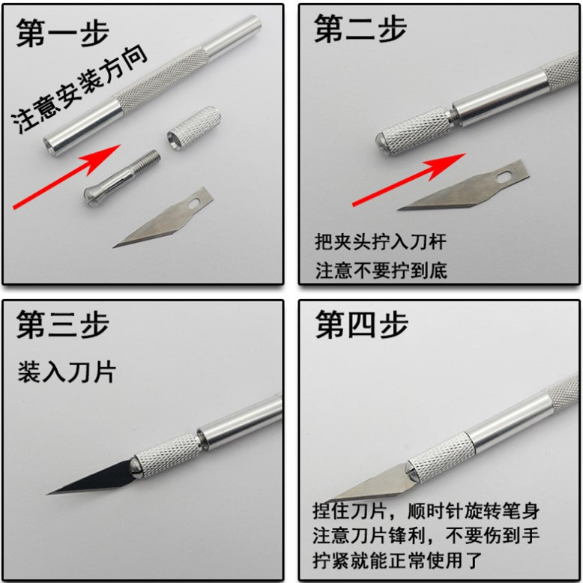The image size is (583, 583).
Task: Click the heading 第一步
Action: click(62, 33)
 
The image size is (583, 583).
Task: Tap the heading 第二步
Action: click(360, 29)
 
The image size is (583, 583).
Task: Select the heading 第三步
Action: click(62, 324)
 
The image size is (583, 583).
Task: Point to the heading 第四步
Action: click(361, 324)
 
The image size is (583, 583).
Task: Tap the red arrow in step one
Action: click(67, 177)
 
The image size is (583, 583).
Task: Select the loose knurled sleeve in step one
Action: click(194, 127)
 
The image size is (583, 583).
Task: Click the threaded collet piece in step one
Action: click(122, 178)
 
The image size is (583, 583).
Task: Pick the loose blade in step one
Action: click(163, 217)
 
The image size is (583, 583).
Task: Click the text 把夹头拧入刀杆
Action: click(381, 242)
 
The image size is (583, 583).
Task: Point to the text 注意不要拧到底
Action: click(381, 271)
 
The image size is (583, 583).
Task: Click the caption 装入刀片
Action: click(67, 372)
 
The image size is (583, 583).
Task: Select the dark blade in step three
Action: click(91, 478)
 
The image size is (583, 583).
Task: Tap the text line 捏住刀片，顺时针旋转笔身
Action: click(426, 511)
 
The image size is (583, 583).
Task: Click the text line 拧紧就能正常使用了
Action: click(397, 561)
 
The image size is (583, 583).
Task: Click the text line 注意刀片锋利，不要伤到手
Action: click(426, 536)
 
